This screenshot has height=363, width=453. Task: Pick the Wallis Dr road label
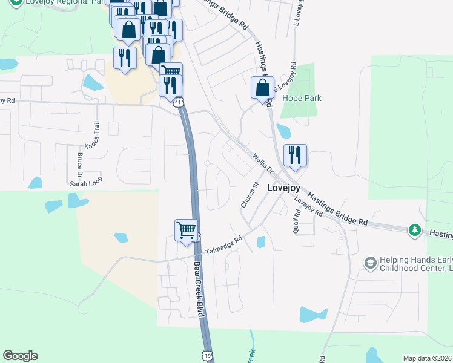pos(263,162)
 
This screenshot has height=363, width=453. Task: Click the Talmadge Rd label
pos(223,244)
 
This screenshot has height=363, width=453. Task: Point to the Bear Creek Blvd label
pos(198,289)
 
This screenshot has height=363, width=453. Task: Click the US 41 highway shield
pos(179,103)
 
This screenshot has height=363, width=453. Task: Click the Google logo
pos(20,356)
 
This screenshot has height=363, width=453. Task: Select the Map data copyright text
pos(428,358)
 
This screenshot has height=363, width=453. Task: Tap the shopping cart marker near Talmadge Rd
pos(187,231)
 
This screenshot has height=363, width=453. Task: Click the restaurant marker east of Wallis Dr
pos(295,155)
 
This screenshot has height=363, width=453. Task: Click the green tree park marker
pos(415,229)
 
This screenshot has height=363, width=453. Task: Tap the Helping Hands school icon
pos(370,263)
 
